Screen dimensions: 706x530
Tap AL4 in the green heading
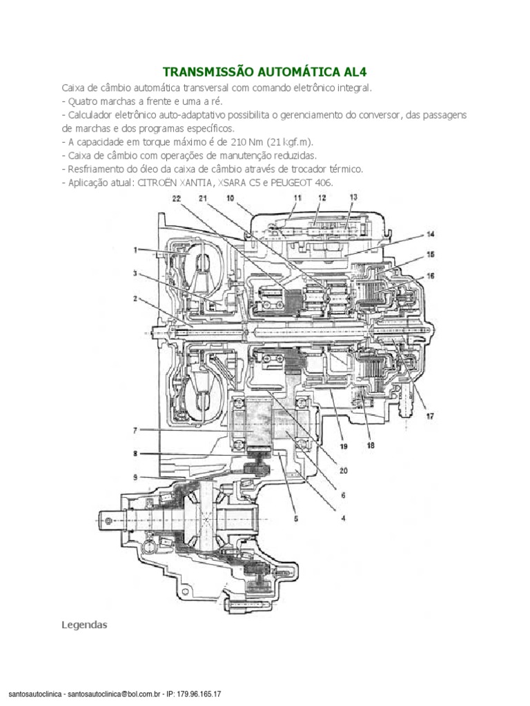click(355, 72)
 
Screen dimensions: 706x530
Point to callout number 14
click(429, 233)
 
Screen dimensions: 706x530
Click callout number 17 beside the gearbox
click(429, 416)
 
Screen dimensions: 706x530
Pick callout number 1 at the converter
click(137, 249)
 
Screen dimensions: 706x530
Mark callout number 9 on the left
click(137, 476)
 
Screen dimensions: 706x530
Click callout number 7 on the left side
click(137, 431)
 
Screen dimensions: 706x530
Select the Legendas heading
click(84, 625)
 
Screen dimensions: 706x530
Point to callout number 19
click(342, 447)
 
